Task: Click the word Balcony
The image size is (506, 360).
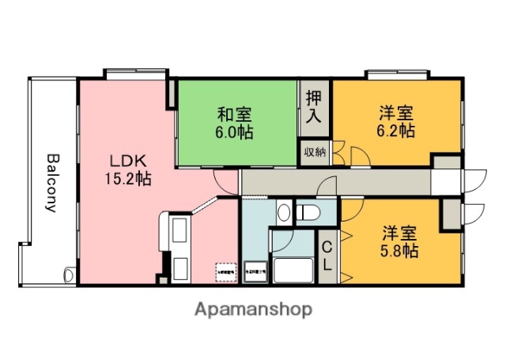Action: click(51, 183)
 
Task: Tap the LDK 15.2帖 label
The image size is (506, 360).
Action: click(127, 167)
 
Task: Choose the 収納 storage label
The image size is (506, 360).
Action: click(314, 151)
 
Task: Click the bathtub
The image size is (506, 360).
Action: click(293, 271)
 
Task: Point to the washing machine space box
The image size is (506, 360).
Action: click(255, 271)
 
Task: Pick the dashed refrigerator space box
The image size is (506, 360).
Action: click(225, 271)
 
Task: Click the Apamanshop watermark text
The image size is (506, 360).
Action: click(253, 309)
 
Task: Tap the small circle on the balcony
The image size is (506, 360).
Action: click(69, 274)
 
